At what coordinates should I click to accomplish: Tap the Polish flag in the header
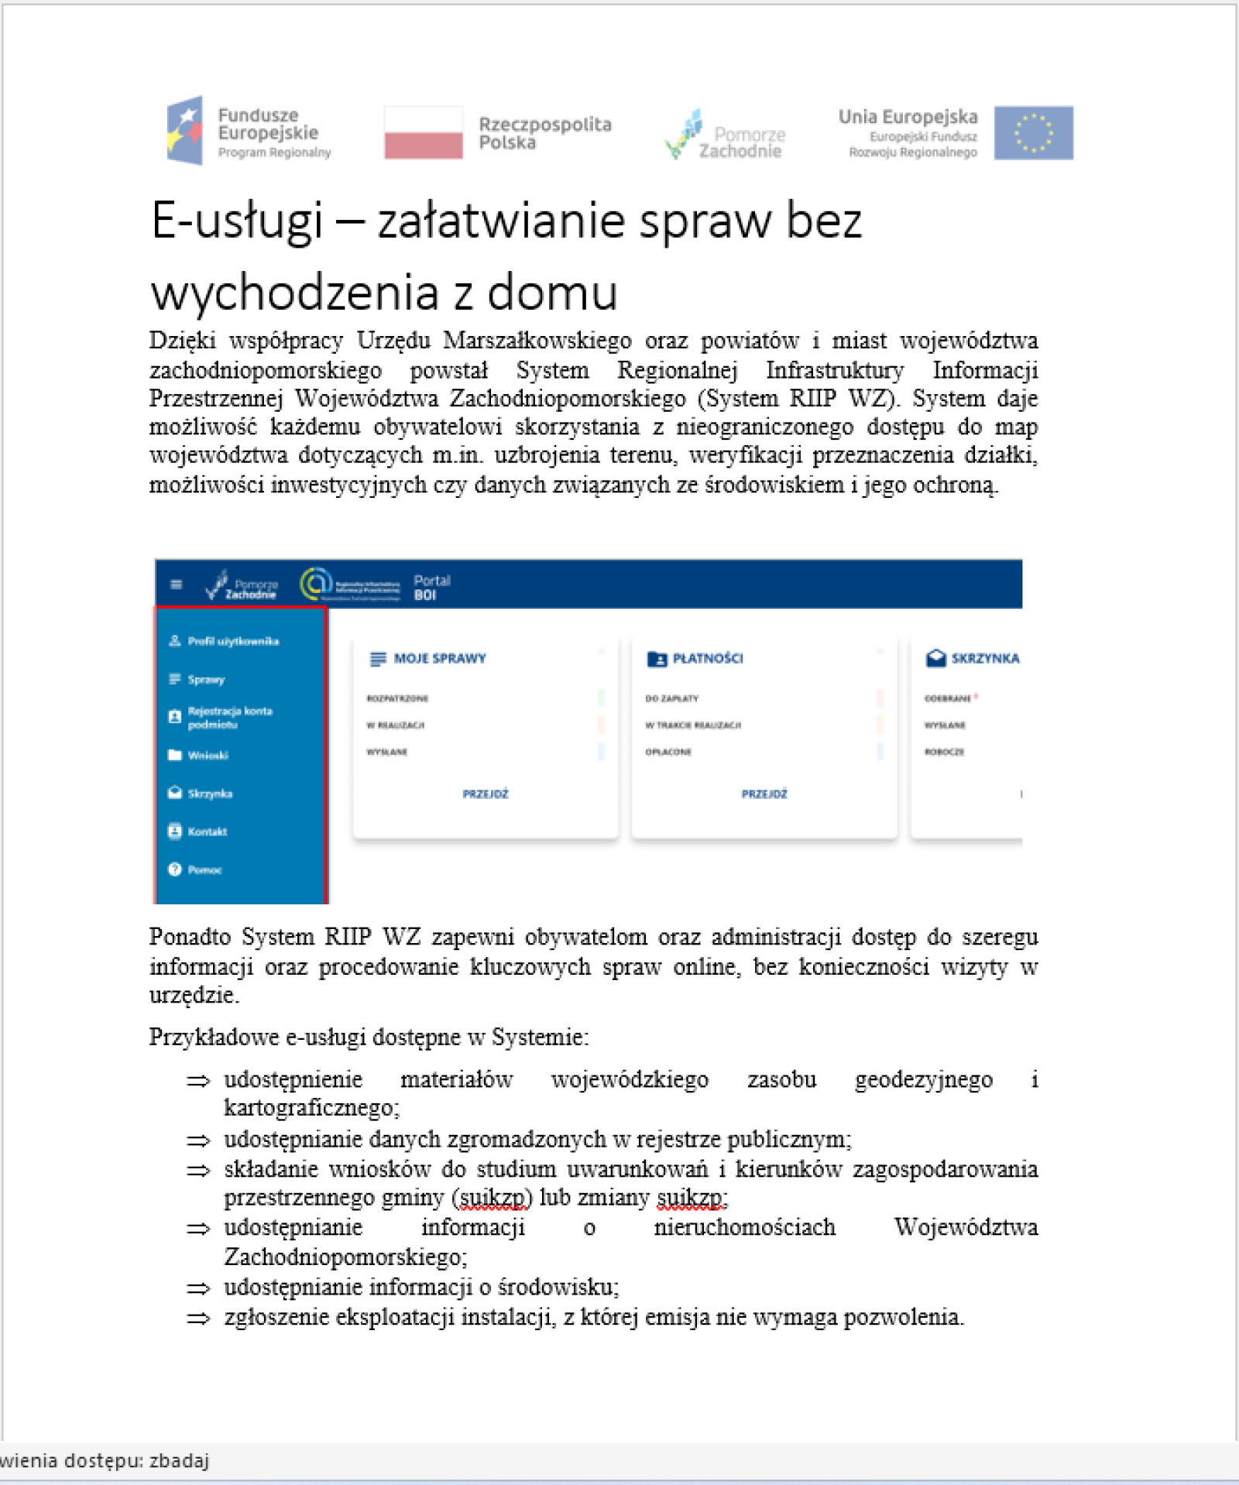point(423,132)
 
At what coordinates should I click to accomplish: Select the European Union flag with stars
point(1033,132)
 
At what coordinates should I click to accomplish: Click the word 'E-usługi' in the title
point(236,221)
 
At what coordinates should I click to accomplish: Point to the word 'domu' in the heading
point(552,293)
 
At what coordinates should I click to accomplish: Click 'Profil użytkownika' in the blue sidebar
point(232,641)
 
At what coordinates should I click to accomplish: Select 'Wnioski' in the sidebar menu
point(208,755)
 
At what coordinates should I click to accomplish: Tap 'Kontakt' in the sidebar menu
point(207,832)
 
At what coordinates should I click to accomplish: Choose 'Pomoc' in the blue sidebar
point(204,869)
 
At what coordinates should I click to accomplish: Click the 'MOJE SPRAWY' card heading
point(439,658)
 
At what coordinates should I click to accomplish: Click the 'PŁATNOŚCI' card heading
point(707,658)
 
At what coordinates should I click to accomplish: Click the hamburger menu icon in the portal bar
point(177,585)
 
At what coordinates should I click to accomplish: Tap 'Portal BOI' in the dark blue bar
point(431,588)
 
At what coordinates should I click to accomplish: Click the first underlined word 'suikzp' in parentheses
point(493,1198)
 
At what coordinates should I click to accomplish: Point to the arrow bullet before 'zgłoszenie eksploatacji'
point(198,1318)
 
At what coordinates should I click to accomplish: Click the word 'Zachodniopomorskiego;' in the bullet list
point(345,1257)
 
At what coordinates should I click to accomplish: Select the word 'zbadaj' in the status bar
point(179,1460)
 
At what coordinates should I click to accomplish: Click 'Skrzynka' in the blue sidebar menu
point(209,794)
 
